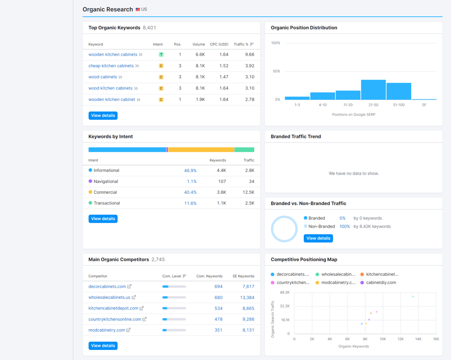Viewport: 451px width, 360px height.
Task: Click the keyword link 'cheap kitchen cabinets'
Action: tap(111, 66)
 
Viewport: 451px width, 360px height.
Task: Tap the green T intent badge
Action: tap(161, 55)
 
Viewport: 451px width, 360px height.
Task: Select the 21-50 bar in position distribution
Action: tap(373, 90)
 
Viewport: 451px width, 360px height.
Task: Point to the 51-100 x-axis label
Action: tap(399, 105)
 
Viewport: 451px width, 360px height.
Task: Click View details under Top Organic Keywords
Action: tap(103, 116)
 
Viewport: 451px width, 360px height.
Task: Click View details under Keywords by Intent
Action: tap(103, 219)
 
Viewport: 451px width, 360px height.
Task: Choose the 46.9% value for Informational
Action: tap(190, 170)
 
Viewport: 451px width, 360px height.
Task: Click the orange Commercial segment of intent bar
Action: tap(201, 149)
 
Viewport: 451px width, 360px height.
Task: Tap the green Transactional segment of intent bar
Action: tap(245, 149)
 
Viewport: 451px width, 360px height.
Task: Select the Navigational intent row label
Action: tap(105, 181)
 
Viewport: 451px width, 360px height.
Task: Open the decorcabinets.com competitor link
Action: tap(107, 286)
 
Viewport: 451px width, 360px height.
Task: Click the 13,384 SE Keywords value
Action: tap(247, 297)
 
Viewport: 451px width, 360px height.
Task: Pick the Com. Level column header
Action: tap(172, 276)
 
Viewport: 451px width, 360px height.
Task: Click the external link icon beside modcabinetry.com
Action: tap(128, 330)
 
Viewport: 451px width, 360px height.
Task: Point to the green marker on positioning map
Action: tap(413, 296)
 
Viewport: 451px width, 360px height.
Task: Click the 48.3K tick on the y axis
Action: tap(285, 292)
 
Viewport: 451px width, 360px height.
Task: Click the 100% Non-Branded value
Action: tap(345, 227)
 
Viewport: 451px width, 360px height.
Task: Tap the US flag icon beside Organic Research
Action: tap(138, 10)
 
